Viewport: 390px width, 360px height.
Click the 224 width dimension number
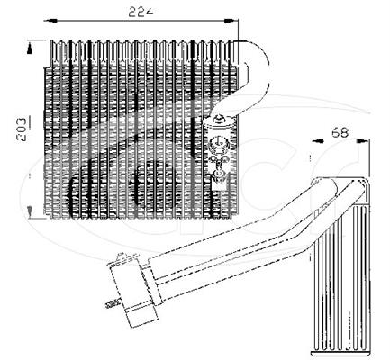pyautogui.click(x=141, y=12)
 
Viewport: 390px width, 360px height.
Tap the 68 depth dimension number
pyautogui.click(x=340, y=132)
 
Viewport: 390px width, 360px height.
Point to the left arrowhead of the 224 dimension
pyautogui.click(x=50, y=21)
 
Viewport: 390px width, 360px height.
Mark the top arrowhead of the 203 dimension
pyautogui.click(x=30, y=48)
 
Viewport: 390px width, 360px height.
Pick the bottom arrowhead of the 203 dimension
pyautogui.click(x=30, y=211)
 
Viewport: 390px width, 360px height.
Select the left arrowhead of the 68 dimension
pyautogui.click(x=317, y=140)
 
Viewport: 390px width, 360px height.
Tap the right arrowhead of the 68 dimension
pyautogui.click(x=361, y=140)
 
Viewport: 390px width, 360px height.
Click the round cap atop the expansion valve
pyautogui.click(x=219, y=120)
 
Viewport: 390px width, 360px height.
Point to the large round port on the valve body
pyautogui.click(x=219, y=141)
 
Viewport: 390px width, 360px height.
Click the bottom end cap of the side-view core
pyautogui.click(x=340, y=354)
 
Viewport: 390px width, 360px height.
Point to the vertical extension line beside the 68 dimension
pyautogui.click(x=369, y=158)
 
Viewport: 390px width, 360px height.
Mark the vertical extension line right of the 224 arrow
pyautogui.click(x=238, y=30)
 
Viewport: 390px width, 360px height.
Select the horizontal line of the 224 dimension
pyautogui.click(x=141, y=21)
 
